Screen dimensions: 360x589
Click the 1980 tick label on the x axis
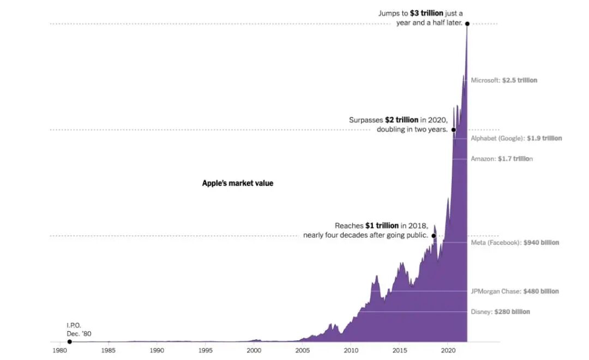coord(60,351)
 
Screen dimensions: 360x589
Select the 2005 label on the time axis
coord(303,351)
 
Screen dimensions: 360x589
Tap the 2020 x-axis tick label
coord(448,351)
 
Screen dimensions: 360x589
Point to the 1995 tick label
coord(206,351)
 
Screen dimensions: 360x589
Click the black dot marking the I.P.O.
coord(69,341)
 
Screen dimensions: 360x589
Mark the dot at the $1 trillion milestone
coord(434,236)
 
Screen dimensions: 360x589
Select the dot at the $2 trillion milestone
coord(453,130)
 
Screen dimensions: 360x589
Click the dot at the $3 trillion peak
coord(467,23)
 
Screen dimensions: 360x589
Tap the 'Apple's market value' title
coord(238,183)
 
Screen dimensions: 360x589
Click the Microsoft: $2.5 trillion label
coord(504,80)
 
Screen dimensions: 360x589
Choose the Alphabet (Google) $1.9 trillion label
coord(516,139)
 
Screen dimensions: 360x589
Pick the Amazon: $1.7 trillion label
coord(502,159)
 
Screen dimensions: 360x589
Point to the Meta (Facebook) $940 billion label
coord(515,243)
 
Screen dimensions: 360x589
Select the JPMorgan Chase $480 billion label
coord(515,291)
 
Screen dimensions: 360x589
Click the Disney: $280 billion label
coord(500,312)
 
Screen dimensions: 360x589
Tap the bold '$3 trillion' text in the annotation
coord(426,13)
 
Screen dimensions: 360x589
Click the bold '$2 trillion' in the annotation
coord(401,119)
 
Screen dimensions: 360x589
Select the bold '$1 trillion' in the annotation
coord(382,226)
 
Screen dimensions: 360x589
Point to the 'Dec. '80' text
coord(79,333)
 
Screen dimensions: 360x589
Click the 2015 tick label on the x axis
coord(400,351)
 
